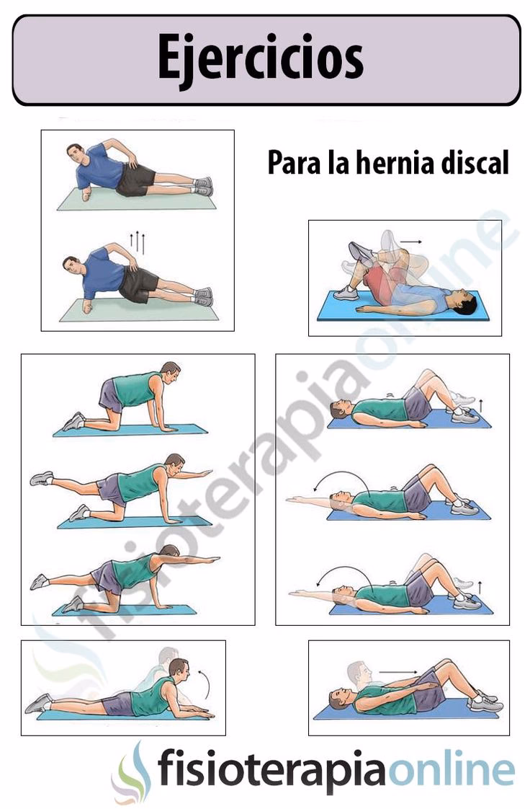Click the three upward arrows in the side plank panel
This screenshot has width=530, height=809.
(x=138, y=242)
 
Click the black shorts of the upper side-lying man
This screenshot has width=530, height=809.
(x=135, y=180)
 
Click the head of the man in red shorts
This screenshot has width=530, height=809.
(x=464, y=301)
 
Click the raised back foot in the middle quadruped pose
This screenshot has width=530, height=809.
(x=42, y=478)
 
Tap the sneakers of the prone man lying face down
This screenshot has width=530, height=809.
(x=37, y=703)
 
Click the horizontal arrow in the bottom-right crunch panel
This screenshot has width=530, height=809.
(x=397, y=672)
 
